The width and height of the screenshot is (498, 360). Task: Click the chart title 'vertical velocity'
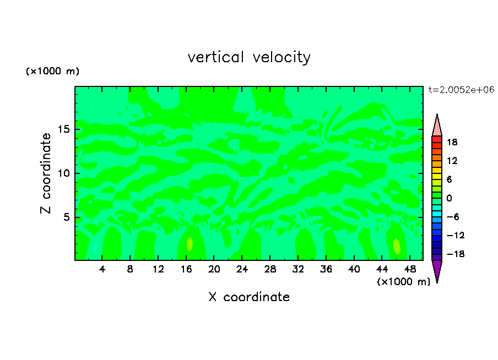click(249, 57)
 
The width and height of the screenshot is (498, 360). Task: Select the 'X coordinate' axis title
click(249, 297)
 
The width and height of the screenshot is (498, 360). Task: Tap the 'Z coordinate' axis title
click(46, 173)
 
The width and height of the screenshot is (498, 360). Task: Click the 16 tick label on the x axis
click(186, 270)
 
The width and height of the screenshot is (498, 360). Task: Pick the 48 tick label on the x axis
click(409, 270)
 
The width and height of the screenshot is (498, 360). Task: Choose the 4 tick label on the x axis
click(102, 270)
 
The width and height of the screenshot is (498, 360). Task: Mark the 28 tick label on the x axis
click(270, 270)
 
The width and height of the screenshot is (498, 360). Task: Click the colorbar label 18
click(452, 142)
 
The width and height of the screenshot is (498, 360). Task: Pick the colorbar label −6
click(452, 217)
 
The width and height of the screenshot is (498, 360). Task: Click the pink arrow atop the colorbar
click(437, 126)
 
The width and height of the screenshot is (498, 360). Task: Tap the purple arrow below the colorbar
click(437, 271)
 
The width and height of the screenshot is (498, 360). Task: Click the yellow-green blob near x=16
click(190, 244)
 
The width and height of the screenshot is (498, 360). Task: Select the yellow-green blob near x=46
click(397, 246)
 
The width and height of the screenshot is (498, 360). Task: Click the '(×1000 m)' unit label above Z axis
click(53, 72)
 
